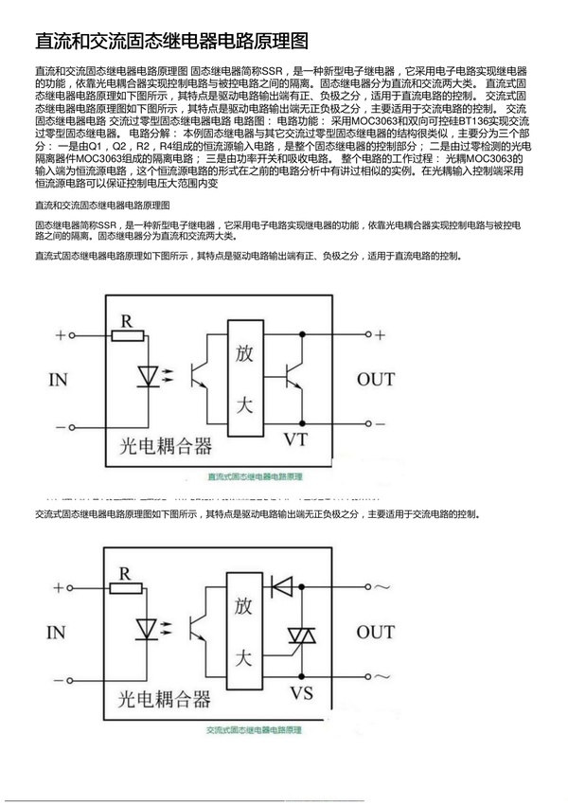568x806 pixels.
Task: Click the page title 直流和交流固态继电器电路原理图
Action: [x=171, y=42]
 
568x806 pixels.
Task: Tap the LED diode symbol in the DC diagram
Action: [x=147, y=376]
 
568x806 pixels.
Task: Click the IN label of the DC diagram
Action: [x=59, y=380]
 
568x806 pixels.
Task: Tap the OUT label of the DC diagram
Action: [x=376, y=380]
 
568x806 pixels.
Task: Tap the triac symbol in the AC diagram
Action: [x=301, y=636]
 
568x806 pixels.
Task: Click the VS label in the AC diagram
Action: [x=301, y=693]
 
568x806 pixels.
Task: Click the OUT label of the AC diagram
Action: [x=376, y=632]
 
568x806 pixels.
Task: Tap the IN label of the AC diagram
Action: [x=59, y=632]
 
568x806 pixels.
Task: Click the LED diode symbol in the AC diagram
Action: [x=147, y=628]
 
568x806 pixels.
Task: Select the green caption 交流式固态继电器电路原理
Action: [x=255, y=730]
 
